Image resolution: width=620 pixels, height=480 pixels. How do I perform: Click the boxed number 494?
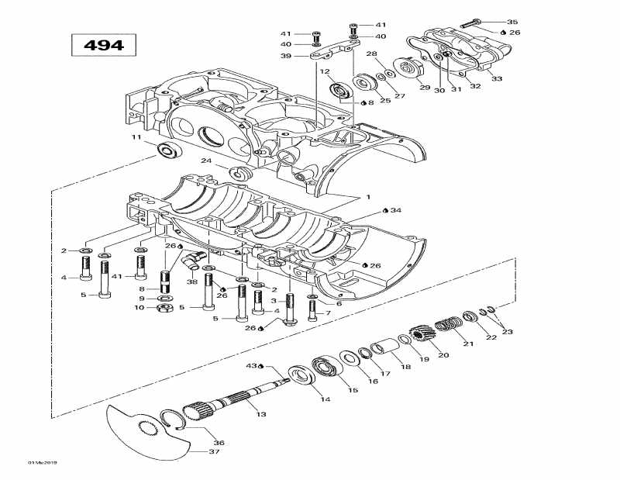[x=103, y=45]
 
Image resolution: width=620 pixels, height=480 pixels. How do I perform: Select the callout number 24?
[x=206, y=161]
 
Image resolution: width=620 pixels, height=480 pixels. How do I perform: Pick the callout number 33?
[x=497, y=78]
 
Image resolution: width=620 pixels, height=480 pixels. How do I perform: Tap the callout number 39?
[x=286, y=56]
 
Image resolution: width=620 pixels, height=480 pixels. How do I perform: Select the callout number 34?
[x=395, y=210]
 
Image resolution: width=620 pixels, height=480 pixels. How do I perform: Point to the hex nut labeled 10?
[x=164, y=308]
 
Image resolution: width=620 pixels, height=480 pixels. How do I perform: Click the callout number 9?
[x=142, y=298]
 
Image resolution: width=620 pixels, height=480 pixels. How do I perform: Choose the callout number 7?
[x=328, y=313]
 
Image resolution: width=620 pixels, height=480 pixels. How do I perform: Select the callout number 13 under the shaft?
[x=261, y=415]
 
